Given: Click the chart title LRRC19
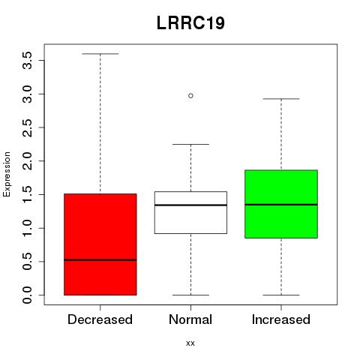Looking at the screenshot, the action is [x=190, y=23].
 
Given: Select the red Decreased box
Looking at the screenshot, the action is [x=100, y=244].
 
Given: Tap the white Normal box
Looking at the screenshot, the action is [x=190, y=212].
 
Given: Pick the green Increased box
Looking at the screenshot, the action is [x=281, y=204].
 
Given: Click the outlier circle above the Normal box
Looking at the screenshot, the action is [x=190, y=96].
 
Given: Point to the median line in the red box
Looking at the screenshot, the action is [x=100, y=260].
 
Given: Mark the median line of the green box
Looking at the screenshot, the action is [x=281, y=205].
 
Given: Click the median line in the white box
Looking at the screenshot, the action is [x=190, y=205].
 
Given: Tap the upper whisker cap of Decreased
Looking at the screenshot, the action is [x=100, y=54].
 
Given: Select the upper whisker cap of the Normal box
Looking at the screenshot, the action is [x=190, y=144].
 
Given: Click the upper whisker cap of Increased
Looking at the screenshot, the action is [x=281, y=99].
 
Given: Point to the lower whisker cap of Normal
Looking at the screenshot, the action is [x=190, y=295].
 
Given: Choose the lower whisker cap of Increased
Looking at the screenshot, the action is [x=281, y=295].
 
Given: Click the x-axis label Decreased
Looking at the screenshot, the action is [x=100, y=319].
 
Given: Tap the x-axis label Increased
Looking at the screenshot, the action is [x=281, y=319].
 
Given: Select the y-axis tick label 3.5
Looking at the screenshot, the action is [x=27, y=61].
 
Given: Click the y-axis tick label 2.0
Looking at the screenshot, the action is [x=27, y=161].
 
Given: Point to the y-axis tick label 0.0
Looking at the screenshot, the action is [x=27, y=295].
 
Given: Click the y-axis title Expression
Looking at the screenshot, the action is [x=7, y=175].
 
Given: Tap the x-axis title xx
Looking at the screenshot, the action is [x=190, y=343].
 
